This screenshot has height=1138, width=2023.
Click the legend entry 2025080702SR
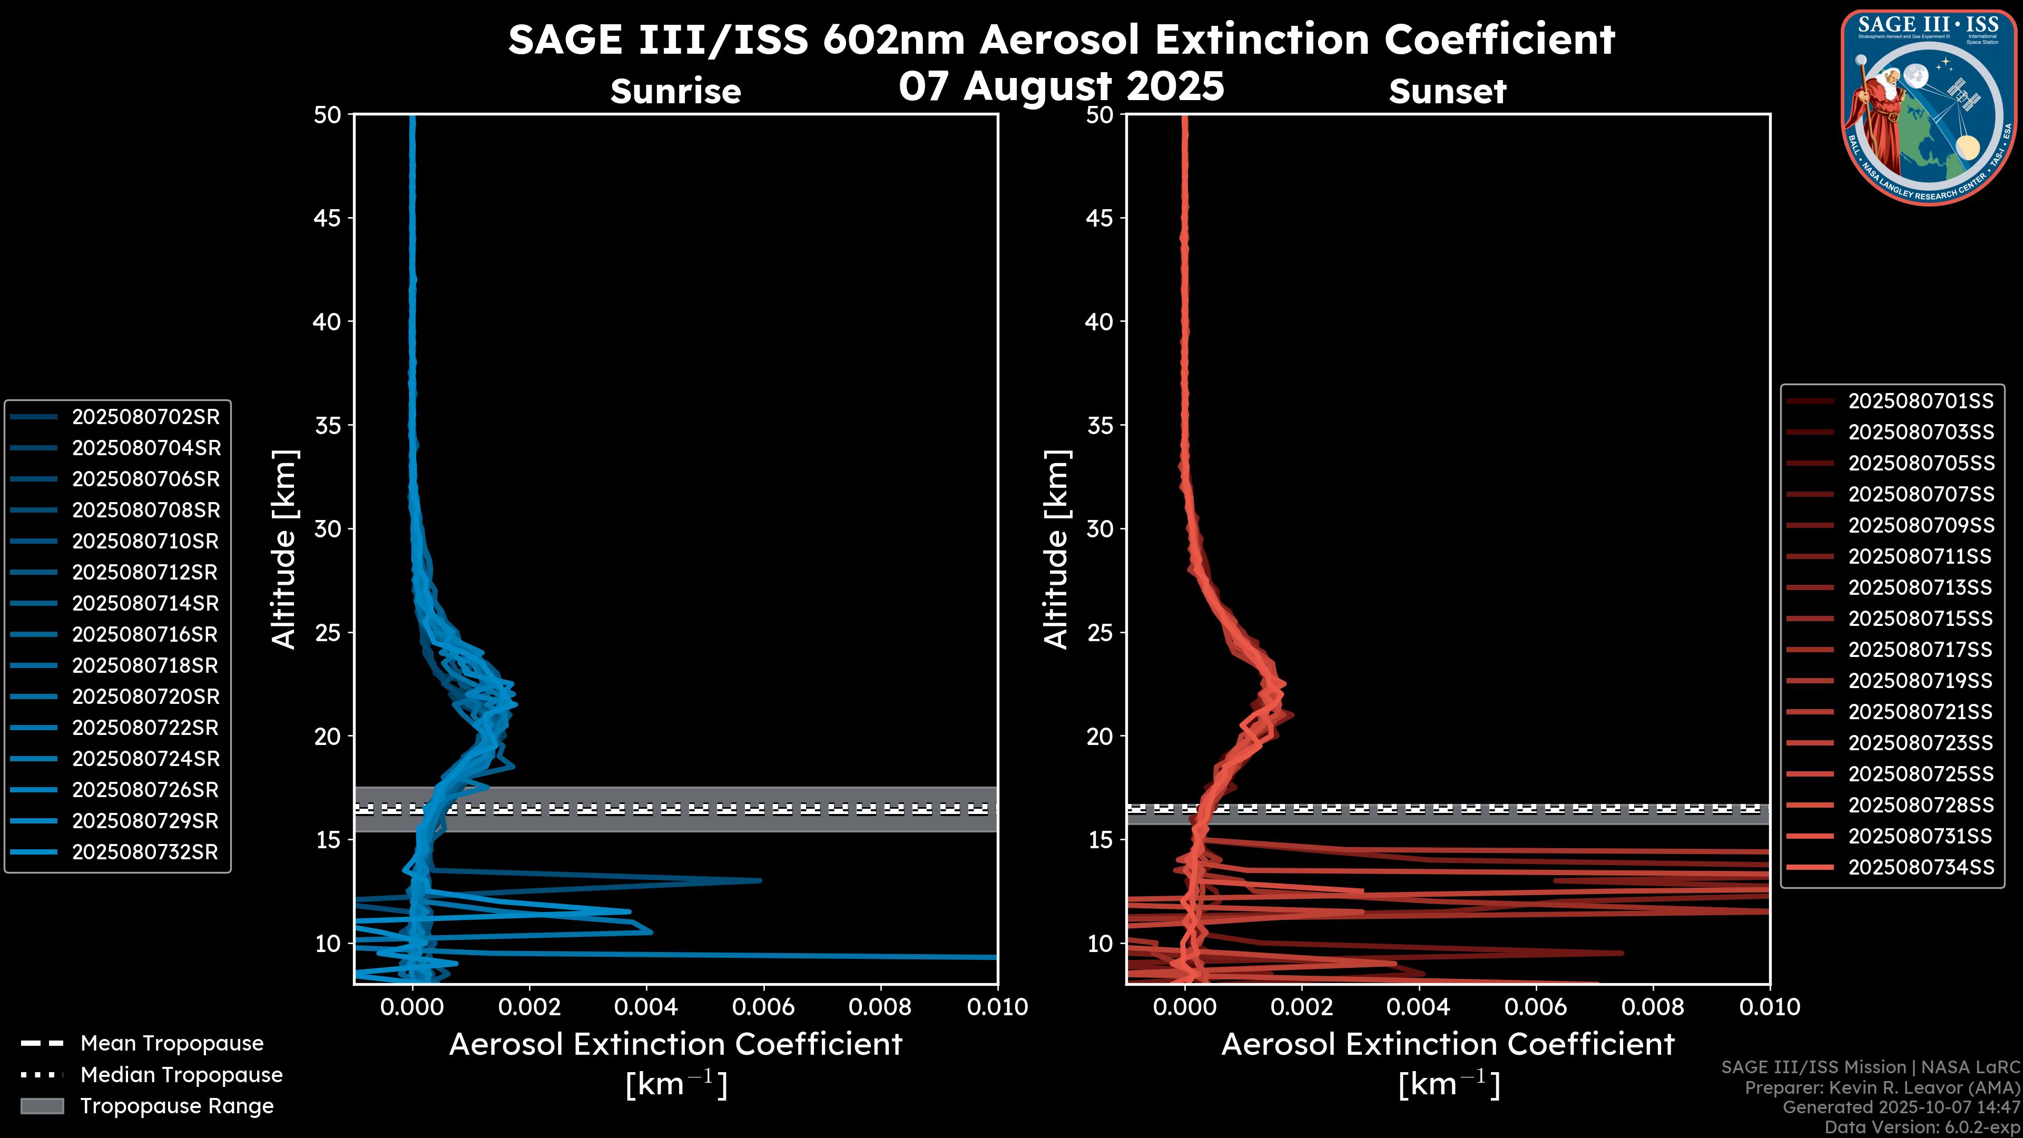pyautogui.click(x=146, y=417)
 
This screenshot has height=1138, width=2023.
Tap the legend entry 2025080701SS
pyautogui.click(x=1920, y=401)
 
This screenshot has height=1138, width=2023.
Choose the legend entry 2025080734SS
pyautogui.click(x=1920, y=867)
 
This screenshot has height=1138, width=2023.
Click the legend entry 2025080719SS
pyautogui.click(x=1920, y=681)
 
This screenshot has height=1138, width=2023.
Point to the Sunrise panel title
pyautogui.click(x=675, y=92)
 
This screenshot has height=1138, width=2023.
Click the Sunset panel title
pyautogui.click(x=1447, y=92)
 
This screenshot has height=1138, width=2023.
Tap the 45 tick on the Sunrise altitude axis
pyautogui.click(x=328, y=218)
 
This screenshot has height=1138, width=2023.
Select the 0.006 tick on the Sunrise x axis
pyautogui.click(x=763, y=1007)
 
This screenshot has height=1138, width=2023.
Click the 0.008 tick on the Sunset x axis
pyautogui.click(x=1653, y=1007)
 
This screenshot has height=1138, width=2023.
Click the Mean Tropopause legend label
pyautogui.click(x=172, y=1044)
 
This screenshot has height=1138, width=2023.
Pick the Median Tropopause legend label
pyautogui.click(x=181, y=1075)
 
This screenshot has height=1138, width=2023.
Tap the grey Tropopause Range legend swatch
pyautogui.click(x=42, y=1106)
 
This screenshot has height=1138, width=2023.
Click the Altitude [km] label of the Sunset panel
pyautogui.click(x=1056, y=549)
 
